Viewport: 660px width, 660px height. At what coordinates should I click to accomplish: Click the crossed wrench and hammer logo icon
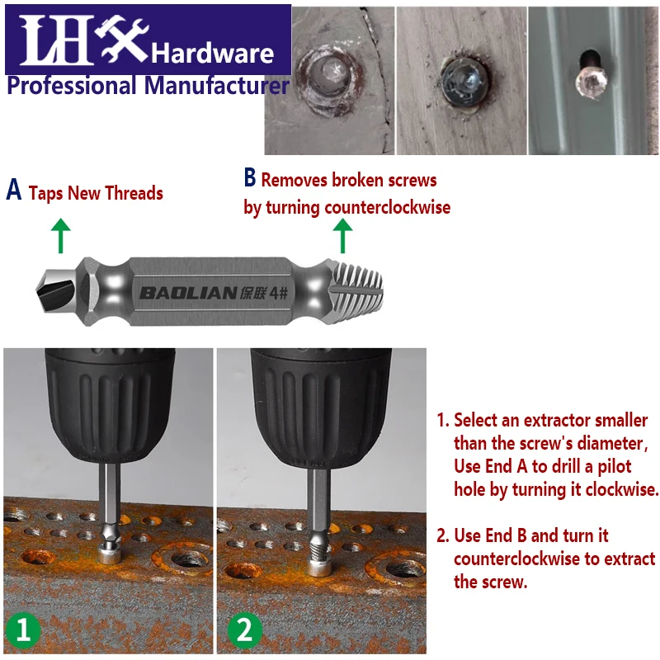point(121,39)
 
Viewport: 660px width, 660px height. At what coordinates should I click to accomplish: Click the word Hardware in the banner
point(213,54)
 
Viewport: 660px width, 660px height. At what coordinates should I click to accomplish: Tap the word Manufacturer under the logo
point(216,85)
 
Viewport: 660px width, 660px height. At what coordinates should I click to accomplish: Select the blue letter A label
point(13,190)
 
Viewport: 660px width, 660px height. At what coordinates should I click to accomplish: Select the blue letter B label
point(250,177)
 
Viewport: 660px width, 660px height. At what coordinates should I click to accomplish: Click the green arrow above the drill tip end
point(60,236)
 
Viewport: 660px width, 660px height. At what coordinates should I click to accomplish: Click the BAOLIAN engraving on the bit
point(188,293)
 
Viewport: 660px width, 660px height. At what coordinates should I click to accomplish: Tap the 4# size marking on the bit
point(278,293)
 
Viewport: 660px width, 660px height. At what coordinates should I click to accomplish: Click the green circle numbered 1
point(23,631)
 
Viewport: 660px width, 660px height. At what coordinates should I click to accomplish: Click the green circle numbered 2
point(244,631)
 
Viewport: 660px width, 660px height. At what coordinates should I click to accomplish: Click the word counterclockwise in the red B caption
point(387,207)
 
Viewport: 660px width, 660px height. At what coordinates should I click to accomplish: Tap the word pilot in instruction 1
point(615,467)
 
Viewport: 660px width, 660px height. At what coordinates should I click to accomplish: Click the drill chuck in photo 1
point(111,405)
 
